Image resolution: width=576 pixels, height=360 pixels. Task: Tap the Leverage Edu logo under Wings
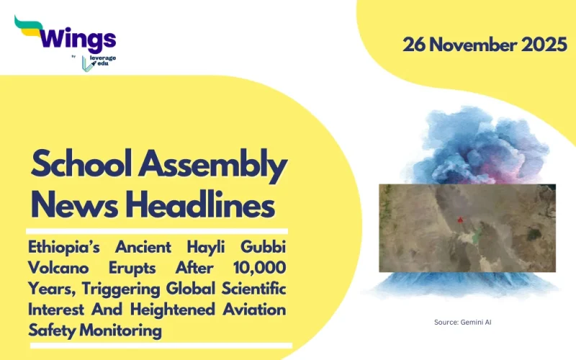pos(97,63)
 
